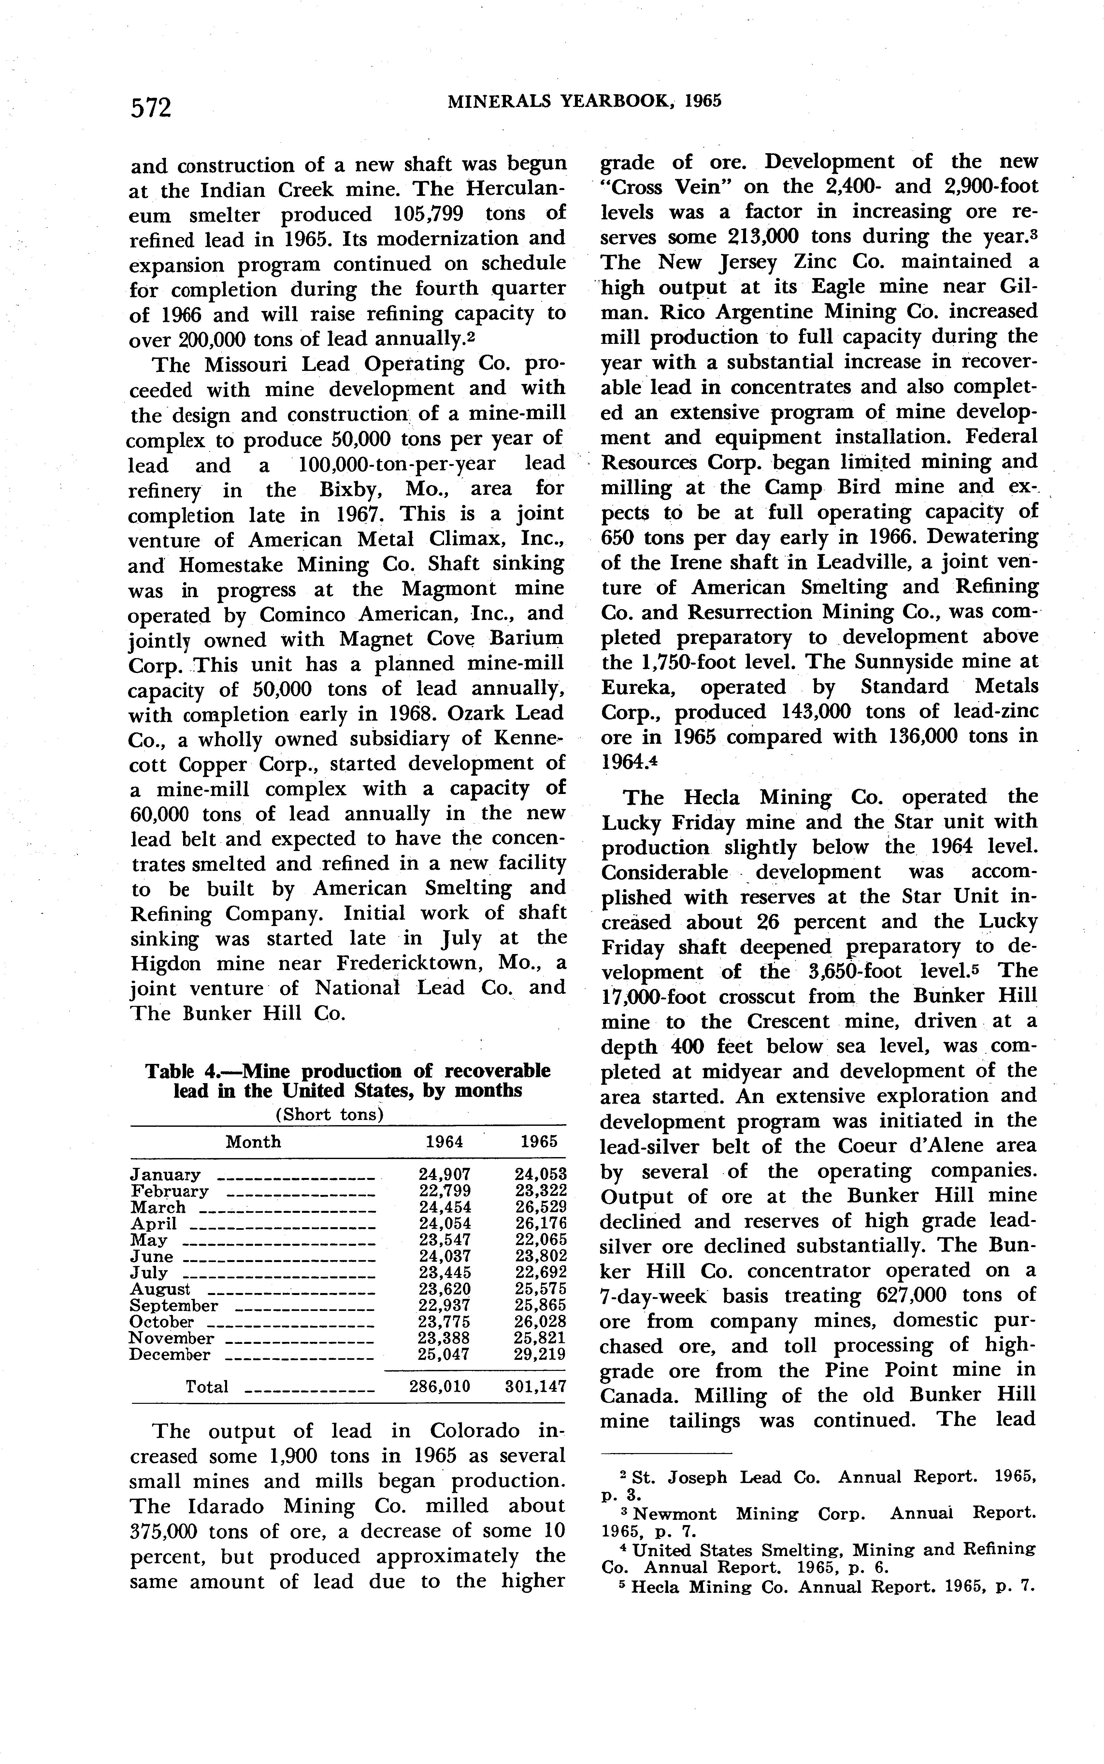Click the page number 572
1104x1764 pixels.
pos(151,108)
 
